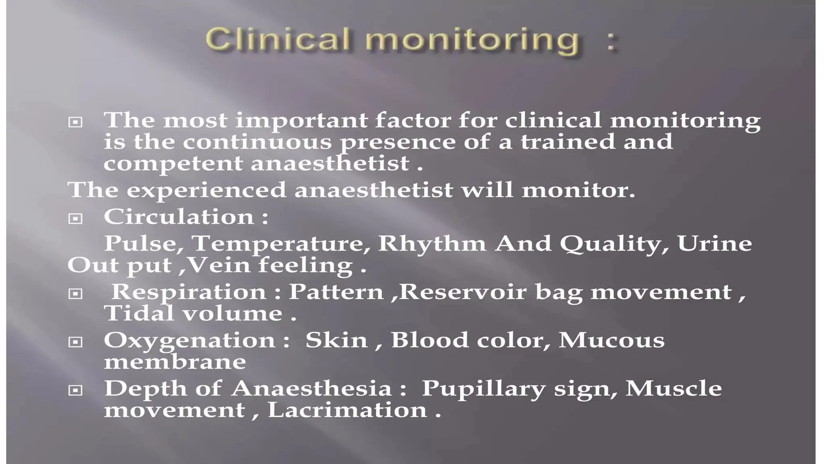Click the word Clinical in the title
pyautogui.click(x=277, y=40)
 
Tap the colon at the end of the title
pyautogui.click(x=611, y=42)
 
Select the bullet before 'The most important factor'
pyautogui.click(x=75, y=122)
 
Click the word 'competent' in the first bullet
pyautogui.click(x=173, y=164)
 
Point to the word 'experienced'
pyautogui.click(x=206, y=190)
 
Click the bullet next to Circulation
pyautogui.click(x=75, y=219)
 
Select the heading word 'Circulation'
pyautogui.click(x=179, y=217)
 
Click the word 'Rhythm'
pyautogui.click(x=432, y=244)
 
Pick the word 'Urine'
pyautogui.click(x=715, y=244)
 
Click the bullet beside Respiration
pyautogui.click(x=75, y=294)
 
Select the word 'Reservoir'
pyautogui.click(x=463, y=292)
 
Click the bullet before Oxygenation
pyautogui.click(x=75, y=342)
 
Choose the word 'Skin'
pyautogui.click(x=336, y=340)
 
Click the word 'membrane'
pyautogui.click(x=175, y=362)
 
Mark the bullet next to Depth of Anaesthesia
pyautogui.click(x=75, y=390)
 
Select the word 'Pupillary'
pyautogui.click(x=483, y=389)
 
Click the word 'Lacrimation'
pyautogui.click(x=347, y=410)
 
